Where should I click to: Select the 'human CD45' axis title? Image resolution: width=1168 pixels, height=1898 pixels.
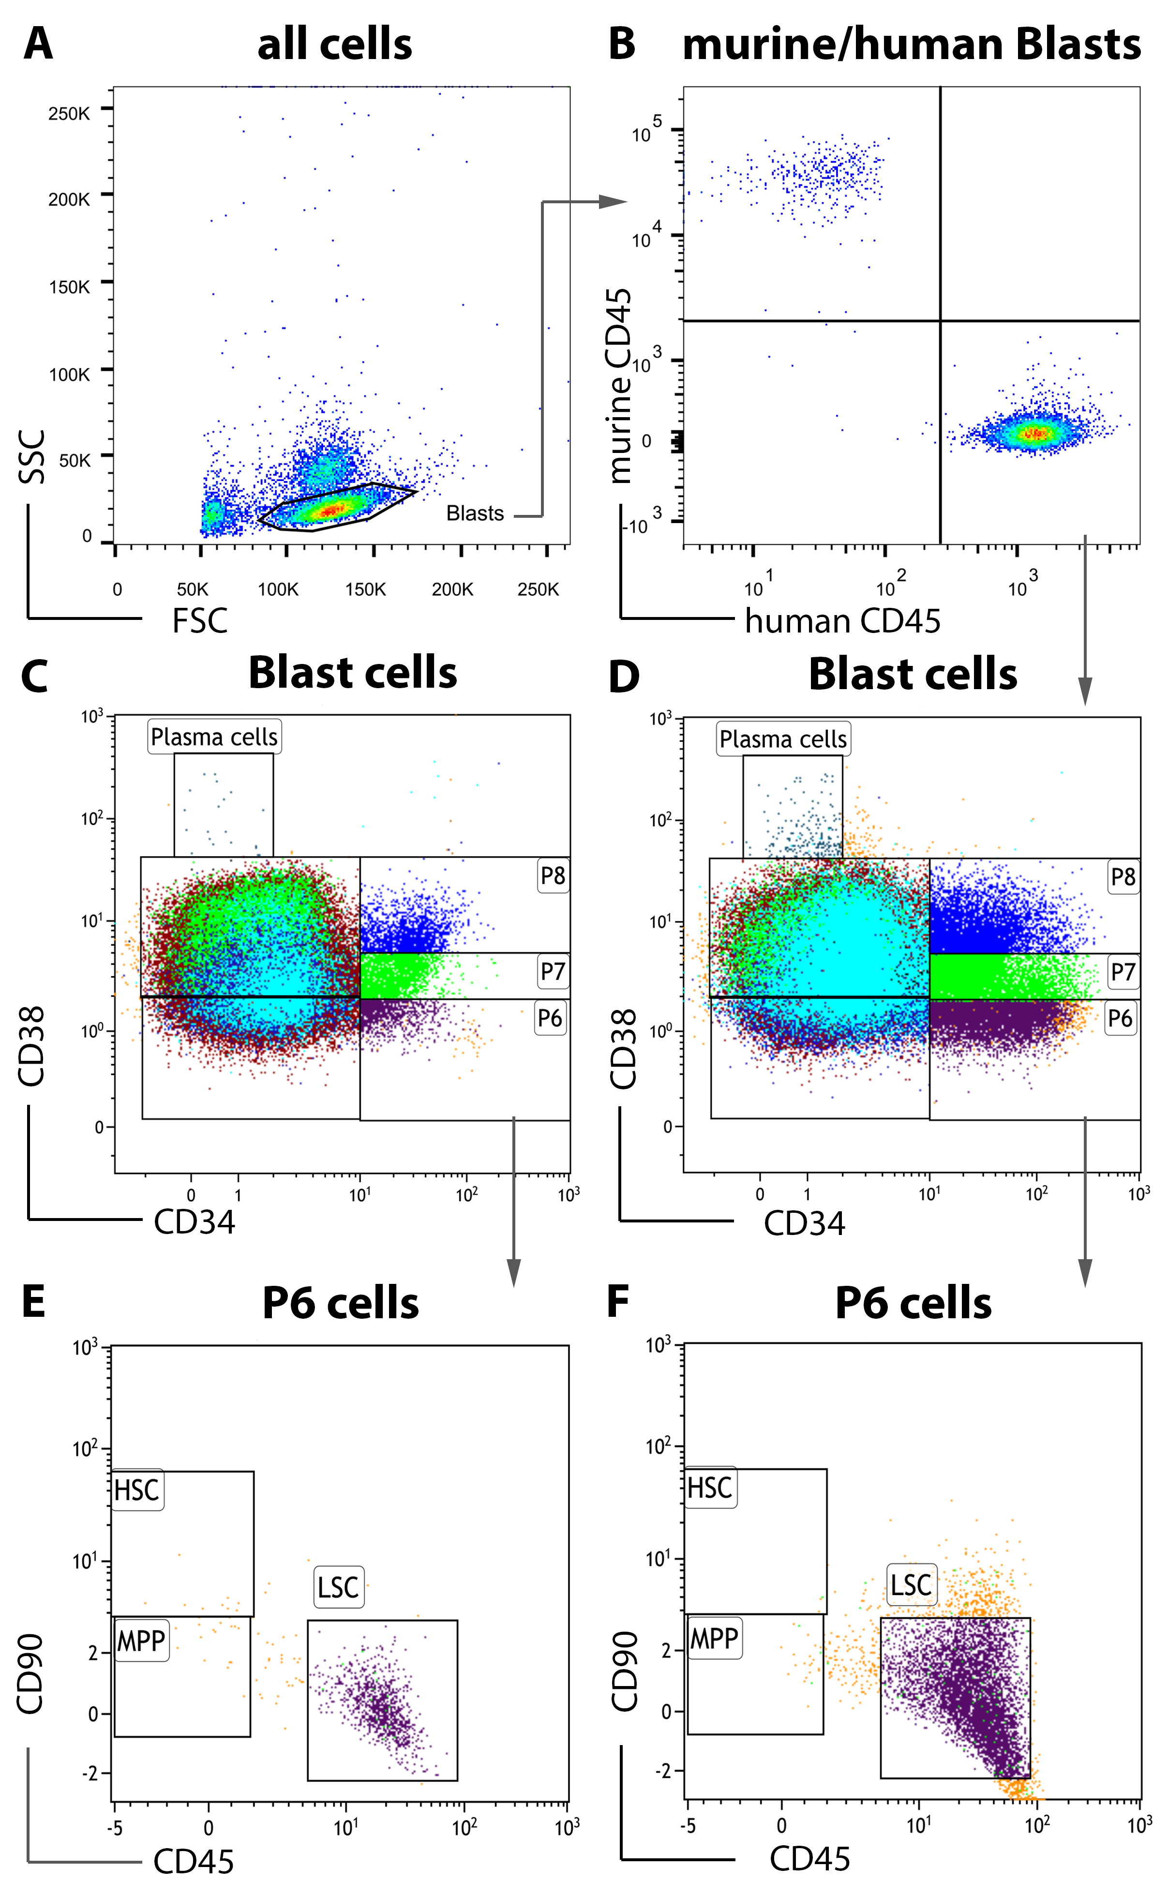[x=842, y=621]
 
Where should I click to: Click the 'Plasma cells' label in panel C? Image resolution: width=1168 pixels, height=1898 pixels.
[x=214, y=737]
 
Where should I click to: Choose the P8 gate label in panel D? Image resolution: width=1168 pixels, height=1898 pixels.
[x=1123, y=877]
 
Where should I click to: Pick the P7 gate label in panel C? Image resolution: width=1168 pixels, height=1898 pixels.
[x=553, y=971]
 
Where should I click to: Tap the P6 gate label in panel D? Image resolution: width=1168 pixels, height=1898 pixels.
[x=1119, y=1018]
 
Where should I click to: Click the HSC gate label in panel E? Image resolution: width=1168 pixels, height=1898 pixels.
[x=137, y=1490]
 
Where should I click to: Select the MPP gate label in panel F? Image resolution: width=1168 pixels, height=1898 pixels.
[x=714, y=1638]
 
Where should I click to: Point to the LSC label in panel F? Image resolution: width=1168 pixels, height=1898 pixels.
[x=911, y=1585]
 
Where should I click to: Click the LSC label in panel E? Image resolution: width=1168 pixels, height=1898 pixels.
[x=338, y=1587]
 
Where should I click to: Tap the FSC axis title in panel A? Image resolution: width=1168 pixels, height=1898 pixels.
[x=199, y=621]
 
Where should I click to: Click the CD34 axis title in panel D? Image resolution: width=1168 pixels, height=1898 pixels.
[x=804, y=1223]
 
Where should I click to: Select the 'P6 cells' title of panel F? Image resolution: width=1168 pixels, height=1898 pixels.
[x=913, y=1304]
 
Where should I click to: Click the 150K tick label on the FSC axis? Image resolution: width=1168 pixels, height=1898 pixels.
[x=365, y=589]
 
